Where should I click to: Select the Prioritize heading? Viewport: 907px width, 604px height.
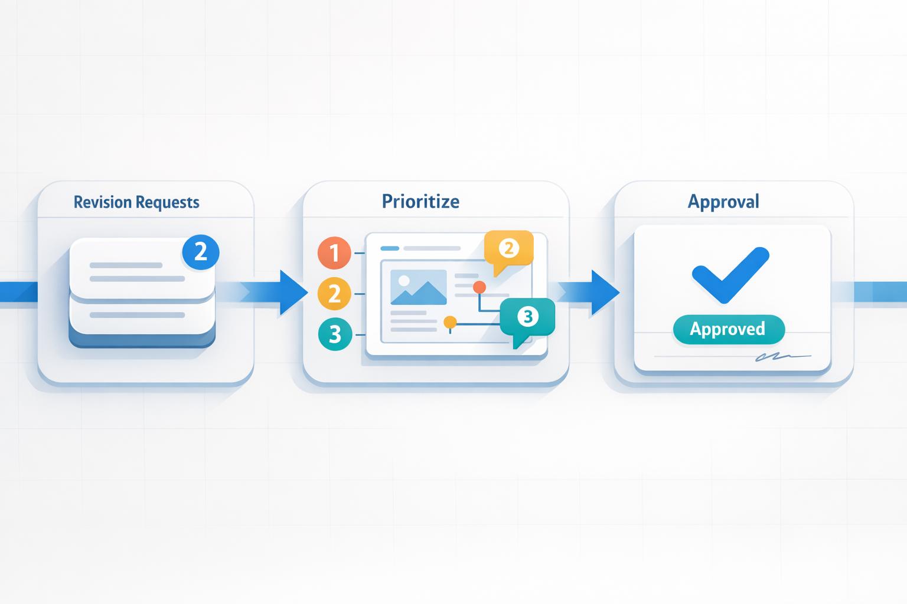[420, 201]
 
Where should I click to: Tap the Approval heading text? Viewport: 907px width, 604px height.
[723, 201]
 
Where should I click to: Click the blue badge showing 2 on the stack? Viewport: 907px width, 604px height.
[201, 252]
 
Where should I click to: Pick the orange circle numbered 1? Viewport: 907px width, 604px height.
[334, 253]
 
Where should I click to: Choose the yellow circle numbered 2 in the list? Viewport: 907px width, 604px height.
[334, 293]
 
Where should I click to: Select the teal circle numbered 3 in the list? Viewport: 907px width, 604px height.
[335, 334]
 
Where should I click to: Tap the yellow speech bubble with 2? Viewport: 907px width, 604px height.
[508, 249]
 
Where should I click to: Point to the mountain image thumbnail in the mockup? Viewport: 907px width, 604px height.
[418, 287]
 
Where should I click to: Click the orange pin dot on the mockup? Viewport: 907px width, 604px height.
[479, 287]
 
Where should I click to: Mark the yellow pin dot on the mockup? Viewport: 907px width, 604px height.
[450, 322]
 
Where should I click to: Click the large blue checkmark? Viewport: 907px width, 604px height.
[730, 274]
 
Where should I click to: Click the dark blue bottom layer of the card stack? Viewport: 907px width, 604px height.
[142, 340]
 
